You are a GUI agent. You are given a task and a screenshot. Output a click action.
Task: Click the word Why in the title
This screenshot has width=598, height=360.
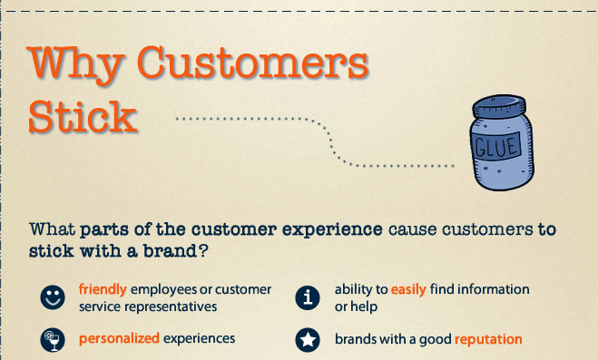pos(76,64)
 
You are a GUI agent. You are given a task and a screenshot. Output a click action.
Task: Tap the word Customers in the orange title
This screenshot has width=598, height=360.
pos(253,62)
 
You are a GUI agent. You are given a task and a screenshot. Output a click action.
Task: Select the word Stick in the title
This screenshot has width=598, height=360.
pos(83,117)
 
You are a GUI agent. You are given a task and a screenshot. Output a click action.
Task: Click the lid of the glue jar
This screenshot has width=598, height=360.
pos(499,106)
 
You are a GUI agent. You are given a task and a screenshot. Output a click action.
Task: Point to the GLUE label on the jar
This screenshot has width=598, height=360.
pos(496,147)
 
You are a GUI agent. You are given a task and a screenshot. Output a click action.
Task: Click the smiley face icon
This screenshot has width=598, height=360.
pos(53,297)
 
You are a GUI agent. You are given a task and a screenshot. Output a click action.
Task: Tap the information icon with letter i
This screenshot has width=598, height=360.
pos(308,297)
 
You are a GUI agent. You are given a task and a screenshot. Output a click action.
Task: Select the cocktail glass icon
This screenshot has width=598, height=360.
pos(53,340)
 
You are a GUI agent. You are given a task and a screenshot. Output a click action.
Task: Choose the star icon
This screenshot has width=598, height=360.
pos(308,340)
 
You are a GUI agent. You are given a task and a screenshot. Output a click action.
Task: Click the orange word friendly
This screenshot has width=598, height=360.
pos(103,289)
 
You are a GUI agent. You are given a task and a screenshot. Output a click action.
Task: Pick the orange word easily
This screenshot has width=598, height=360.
pos(408,290)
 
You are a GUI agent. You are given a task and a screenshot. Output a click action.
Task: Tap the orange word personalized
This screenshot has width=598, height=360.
pos(119,338)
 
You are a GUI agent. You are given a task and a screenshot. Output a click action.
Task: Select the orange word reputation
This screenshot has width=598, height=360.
pos(488,339)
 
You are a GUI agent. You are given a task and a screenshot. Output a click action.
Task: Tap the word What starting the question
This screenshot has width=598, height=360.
pos(53,229)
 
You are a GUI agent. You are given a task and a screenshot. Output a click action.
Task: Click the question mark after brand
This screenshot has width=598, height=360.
pos(203,250)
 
